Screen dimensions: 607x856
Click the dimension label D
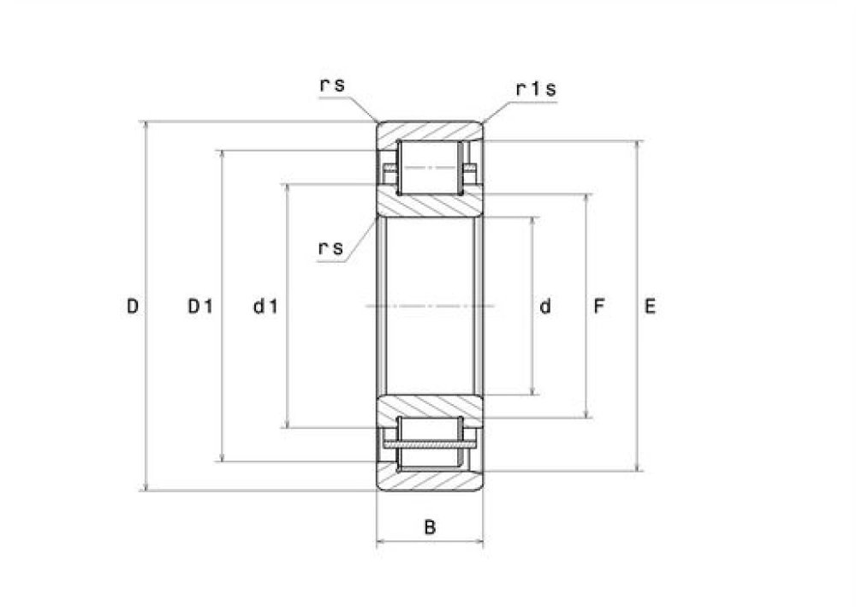pyautogui.click(x=133, y=306)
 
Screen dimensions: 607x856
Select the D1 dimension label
pyautogui.click(x=199, y=306)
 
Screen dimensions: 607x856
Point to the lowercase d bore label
pyautogui.click(x=546, y=306)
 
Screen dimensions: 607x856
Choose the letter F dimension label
pyautogui.click(x=599, y=306)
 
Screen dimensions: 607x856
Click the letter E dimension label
pyautogui.click(x=651, y=306)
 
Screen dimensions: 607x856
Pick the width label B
pyautogui.click(x=431, y=527)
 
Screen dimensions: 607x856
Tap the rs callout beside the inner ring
pyautogui.click(x=331, y=248)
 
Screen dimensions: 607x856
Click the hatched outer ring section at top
pyautogui.click(x=431, y=131)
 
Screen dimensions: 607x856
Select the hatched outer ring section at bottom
pyautogui.click(x=431, y=480)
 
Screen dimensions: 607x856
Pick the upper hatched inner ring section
pyautogui.click(x=431, y=205)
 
